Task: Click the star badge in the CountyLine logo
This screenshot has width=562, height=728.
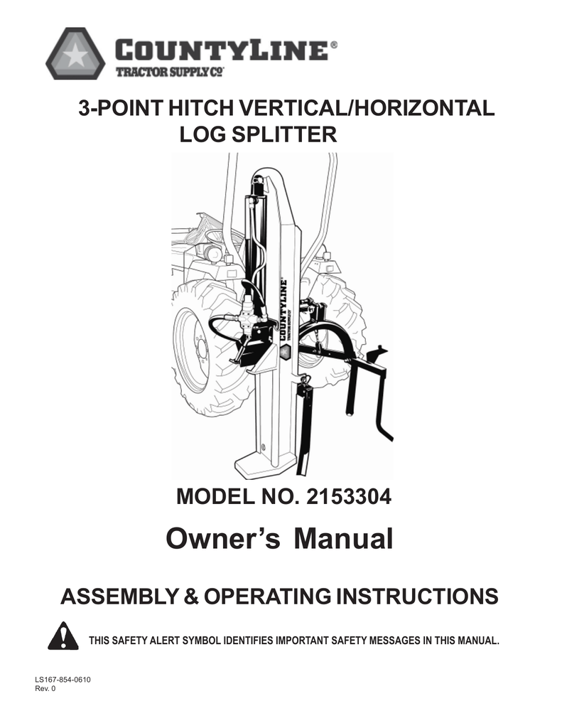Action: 75,53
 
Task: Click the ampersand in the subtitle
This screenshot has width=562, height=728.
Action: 191,596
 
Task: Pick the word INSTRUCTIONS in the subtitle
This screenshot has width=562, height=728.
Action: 416,596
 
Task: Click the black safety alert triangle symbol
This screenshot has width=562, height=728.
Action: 63,635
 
